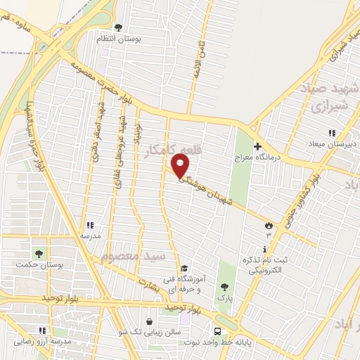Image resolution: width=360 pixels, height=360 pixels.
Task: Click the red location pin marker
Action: click(181, 166)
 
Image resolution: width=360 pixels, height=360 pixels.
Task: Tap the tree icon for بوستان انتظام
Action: click(118, 28)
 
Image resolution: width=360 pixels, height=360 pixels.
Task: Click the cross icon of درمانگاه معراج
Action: click(257, 147)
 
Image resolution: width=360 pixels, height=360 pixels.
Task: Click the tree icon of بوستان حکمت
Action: click(39, 254)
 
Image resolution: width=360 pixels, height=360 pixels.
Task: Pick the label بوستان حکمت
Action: click(39, 265)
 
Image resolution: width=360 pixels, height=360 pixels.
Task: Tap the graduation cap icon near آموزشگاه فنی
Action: click(184, 268)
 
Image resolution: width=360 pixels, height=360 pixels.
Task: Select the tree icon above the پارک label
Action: click(224, 287)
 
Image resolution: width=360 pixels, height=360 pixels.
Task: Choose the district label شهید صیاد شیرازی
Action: click(330, 98)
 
